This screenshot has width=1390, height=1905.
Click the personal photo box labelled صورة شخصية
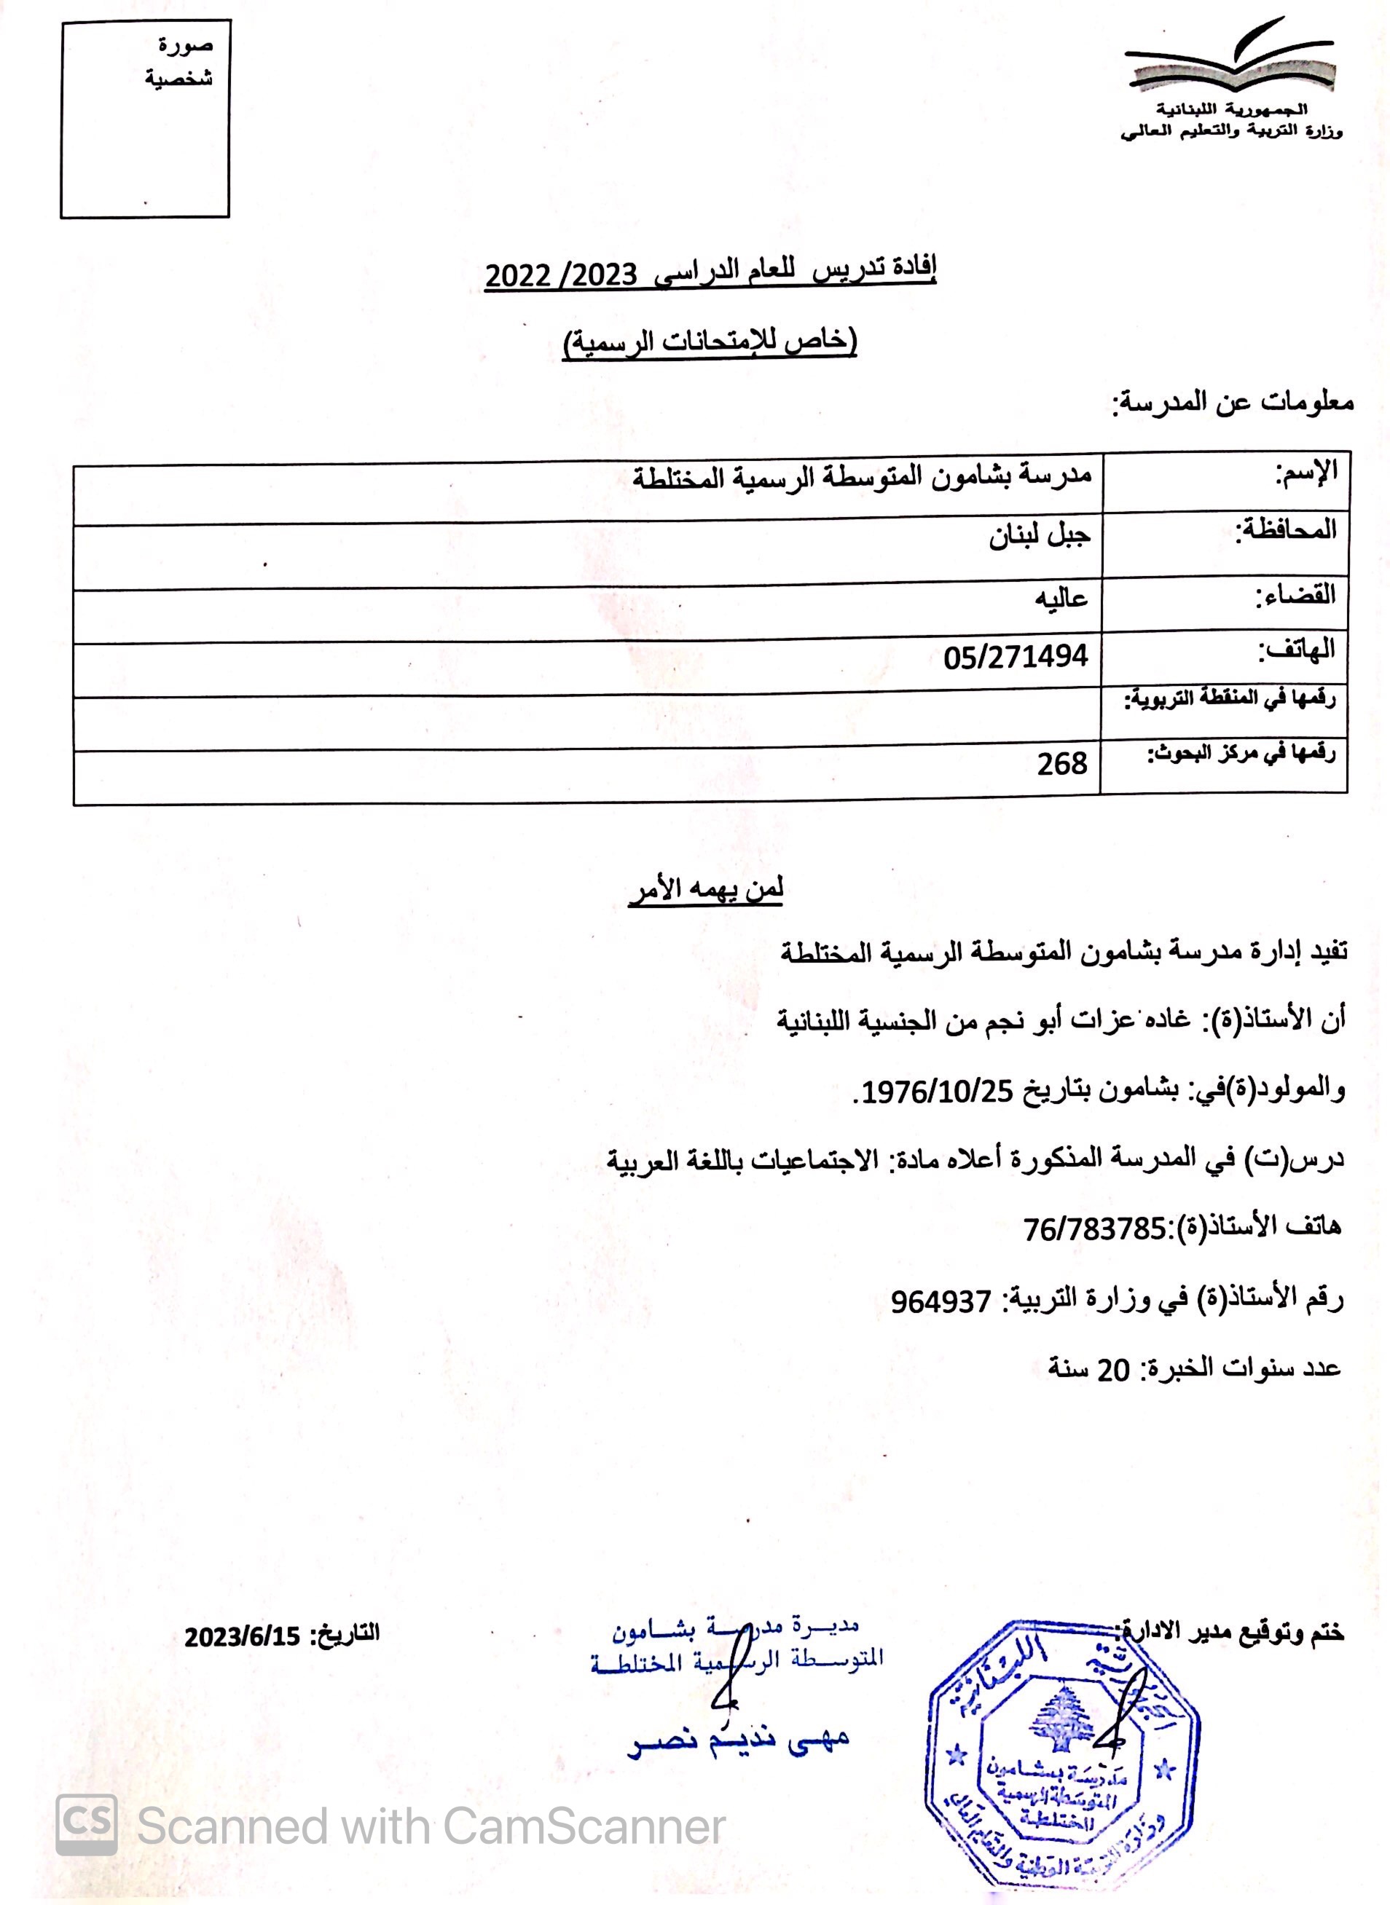tap(145, 119)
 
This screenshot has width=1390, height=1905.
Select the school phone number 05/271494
tap(1016, 656)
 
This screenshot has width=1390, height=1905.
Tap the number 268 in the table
tap(1062, 764)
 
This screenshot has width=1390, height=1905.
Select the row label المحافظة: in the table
tap(1285, 530)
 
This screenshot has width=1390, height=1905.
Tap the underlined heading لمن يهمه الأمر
tap(706, 891)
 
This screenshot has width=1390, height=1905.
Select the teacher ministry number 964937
tap(941, 1302)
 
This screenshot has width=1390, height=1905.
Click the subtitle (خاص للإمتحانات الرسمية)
tap(710, 343)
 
